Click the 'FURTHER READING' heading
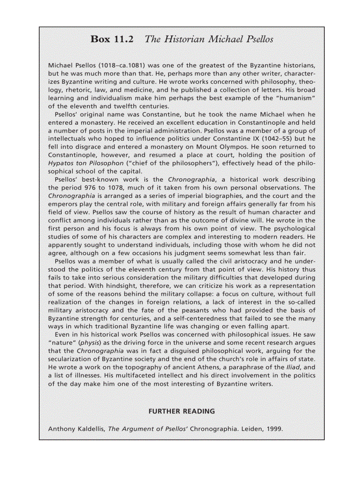(x=181, y=411)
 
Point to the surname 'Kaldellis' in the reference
(x=88, y=429)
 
